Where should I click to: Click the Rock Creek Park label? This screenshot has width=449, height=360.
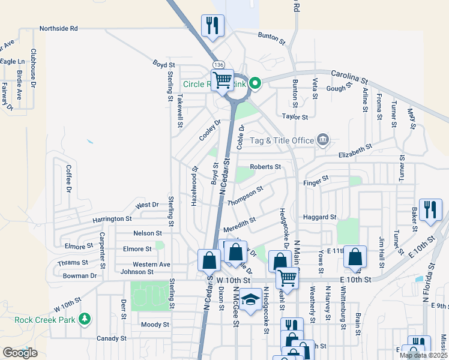(45, 320)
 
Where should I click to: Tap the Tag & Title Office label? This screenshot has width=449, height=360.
(282, 140)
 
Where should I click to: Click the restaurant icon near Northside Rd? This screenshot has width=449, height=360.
(212, 25)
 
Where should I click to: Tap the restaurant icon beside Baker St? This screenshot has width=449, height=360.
(430, 209)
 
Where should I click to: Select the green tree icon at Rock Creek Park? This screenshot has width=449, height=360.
(85, 318)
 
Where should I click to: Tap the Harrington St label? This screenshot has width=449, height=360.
(112, 220)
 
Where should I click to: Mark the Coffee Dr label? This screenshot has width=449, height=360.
(68, 178)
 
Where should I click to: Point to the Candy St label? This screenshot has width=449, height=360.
(111, 338)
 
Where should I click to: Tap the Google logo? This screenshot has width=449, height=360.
(20, 353)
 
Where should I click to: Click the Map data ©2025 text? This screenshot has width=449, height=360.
(423, 355)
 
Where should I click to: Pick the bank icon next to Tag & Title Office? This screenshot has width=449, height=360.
(323, 140)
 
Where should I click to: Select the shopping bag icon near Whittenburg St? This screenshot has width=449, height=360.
(355, 257)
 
